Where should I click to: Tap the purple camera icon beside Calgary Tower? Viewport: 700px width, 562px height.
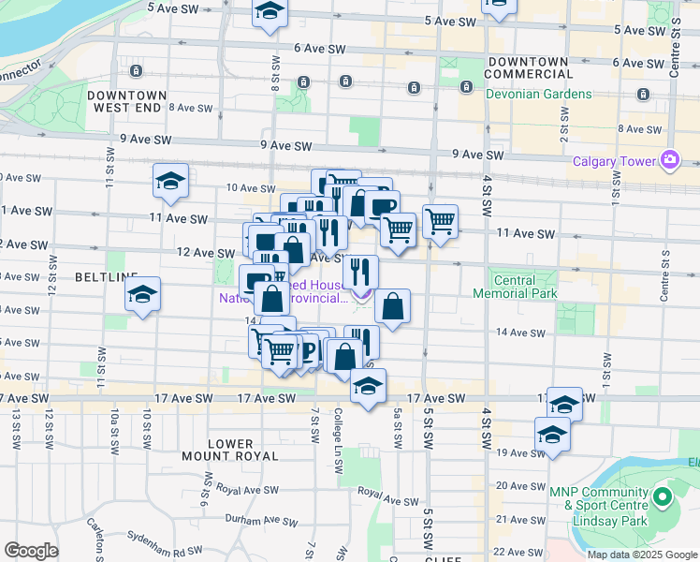point(669,160)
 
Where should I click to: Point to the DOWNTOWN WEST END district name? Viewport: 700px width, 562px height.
point(126,102)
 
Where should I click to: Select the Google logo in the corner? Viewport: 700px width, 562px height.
point(31,551)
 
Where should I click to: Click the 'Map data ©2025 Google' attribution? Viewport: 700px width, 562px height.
point(642,555)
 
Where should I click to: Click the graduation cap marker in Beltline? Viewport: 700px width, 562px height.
point(142,295)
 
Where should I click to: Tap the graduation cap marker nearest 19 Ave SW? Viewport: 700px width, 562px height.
point(552,435)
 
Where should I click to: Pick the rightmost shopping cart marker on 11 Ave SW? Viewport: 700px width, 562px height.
point(440,222)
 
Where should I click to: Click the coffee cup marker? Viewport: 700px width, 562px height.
point(382,206)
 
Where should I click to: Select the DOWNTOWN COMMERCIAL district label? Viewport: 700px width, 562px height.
point(527,67)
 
